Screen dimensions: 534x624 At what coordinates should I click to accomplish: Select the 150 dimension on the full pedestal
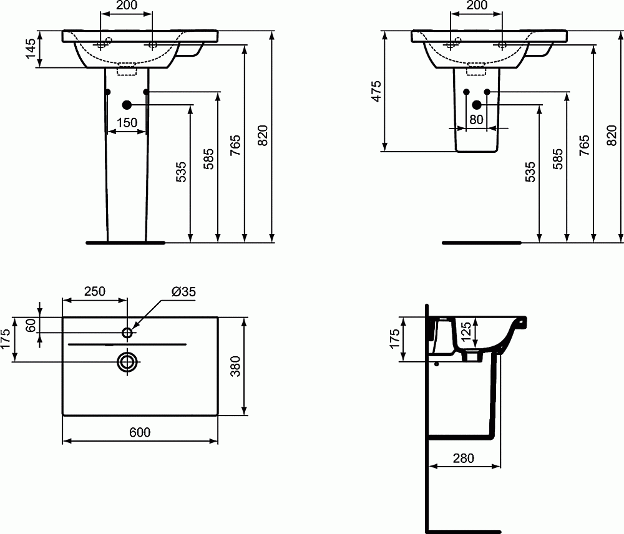tap(127, 123)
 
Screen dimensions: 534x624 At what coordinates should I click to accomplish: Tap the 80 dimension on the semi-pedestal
tap(477, 120)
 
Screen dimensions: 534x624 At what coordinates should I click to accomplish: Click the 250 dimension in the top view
tap(95, 291)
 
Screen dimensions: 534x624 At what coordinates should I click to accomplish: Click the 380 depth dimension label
tap(235, 366)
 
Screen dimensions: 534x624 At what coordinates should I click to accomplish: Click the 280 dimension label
tap(464, 458)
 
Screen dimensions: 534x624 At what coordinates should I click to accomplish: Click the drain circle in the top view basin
tap(127, 361)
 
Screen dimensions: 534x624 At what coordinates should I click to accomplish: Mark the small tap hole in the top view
tap(127, 333)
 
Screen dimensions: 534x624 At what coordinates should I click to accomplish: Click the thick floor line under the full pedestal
tap(125, 241)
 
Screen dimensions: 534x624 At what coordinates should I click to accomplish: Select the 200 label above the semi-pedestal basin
tap(477, 6)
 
